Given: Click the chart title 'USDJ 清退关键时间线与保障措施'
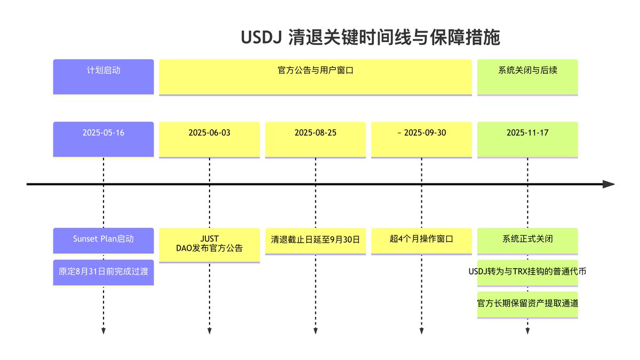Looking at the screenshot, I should [370, 38].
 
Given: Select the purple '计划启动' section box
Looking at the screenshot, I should [103, 76].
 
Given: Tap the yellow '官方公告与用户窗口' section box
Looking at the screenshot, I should [316, 76].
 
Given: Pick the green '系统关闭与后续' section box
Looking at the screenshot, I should [527, 76].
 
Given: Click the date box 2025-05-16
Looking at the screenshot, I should [103, 139].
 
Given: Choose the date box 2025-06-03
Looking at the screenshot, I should [210, 139].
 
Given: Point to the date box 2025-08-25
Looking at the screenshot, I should [316, 139].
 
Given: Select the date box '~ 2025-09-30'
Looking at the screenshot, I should [421, 139].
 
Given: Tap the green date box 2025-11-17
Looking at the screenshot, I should [527, 139].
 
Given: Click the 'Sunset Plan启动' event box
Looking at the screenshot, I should [103, 239].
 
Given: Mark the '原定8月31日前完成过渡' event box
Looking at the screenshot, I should [103, 272].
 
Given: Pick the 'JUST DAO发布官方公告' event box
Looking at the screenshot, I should [210, 244].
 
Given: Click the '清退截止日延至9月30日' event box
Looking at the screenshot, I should [316, 241].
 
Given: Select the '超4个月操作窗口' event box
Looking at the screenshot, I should [421, 239].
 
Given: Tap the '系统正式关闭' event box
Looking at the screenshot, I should [527, 239].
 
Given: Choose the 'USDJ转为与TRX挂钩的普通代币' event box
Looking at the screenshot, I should [527, 272].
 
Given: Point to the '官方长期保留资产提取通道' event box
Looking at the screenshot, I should [527, 304].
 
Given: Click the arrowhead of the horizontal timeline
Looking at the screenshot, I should [609, 184].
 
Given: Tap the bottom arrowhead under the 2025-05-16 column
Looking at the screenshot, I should [103, 331].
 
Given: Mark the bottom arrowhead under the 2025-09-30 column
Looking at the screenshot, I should [421, 331].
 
